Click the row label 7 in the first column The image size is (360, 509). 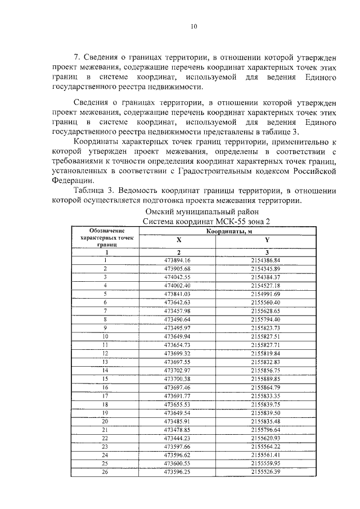pos(105,310)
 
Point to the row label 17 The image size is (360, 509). pos(105,395)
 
